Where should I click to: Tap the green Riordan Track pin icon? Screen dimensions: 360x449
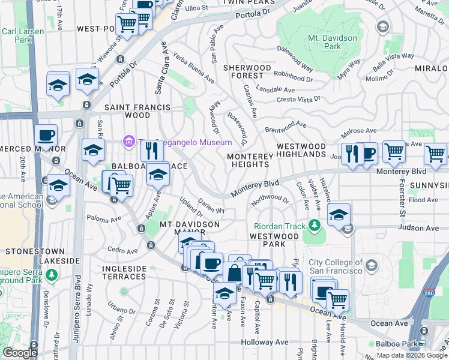[x=314, y=226]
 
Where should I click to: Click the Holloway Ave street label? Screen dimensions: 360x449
[x=265, y=342]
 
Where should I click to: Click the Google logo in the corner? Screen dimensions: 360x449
[x=20, y=353]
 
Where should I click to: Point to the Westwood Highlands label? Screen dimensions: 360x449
[x=301, y=150]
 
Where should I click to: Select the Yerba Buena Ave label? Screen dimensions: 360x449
[x=194, y=70]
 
